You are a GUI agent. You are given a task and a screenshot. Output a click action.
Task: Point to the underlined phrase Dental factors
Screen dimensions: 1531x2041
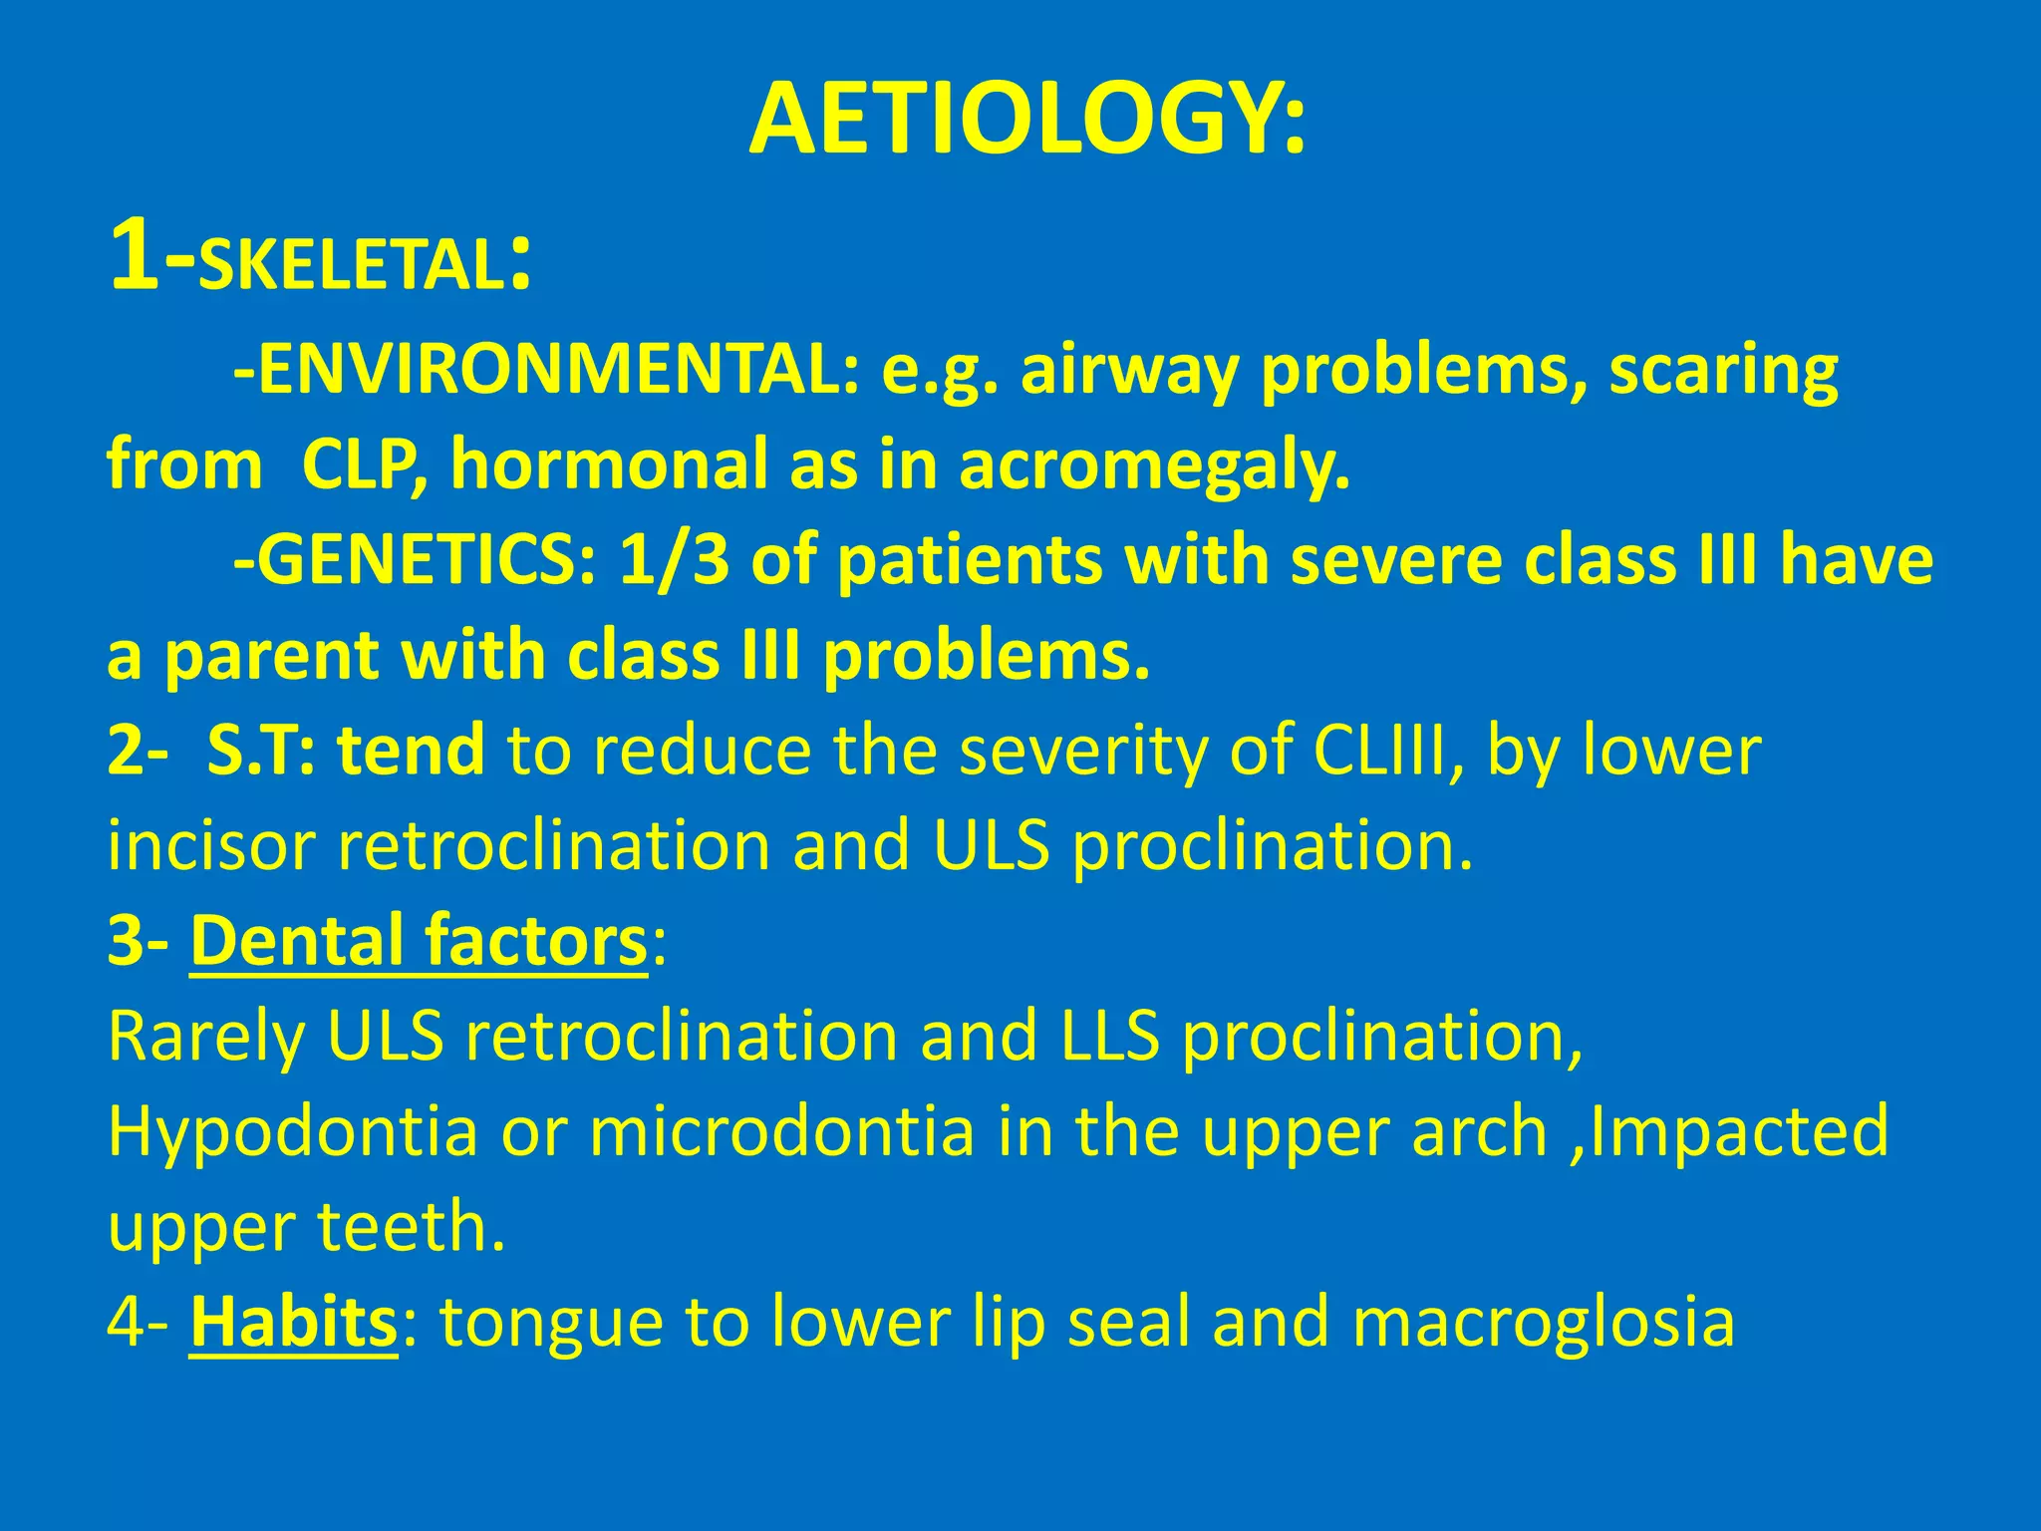(419, 941)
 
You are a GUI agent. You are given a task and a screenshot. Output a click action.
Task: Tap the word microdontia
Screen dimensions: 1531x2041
(781, 1132)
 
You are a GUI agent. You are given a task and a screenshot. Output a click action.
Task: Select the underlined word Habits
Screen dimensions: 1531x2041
(293, 1322)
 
